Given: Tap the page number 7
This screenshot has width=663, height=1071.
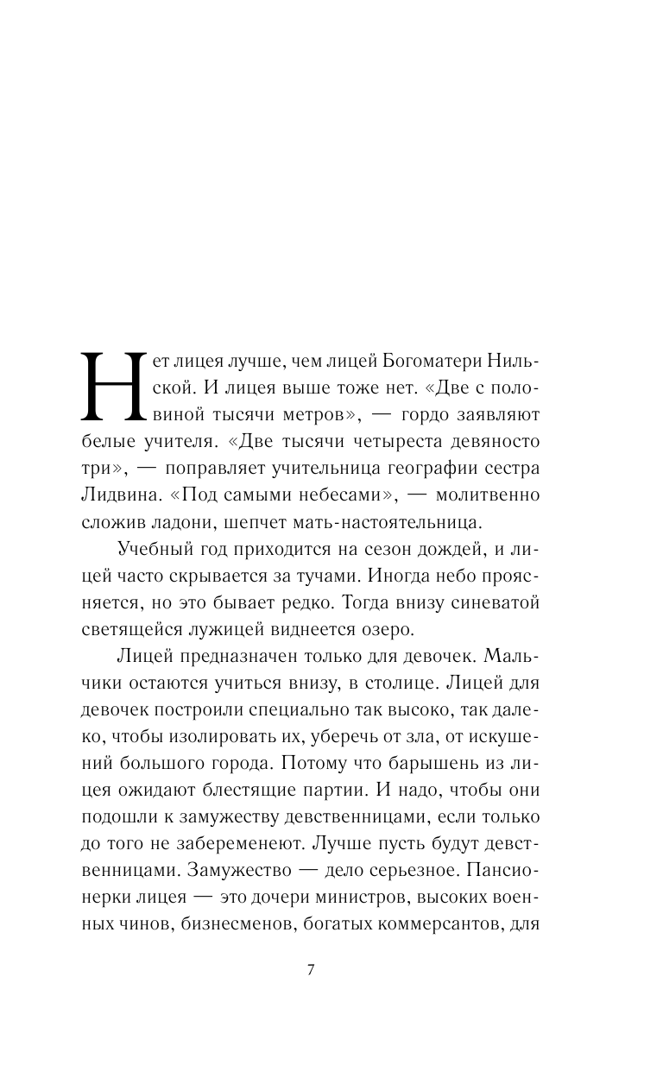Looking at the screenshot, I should (311, 968).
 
